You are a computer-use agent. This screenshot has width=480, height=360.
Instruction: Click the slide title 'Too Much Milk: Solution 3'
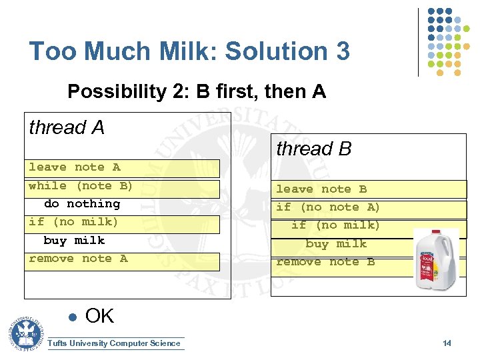click(x=189, y=51)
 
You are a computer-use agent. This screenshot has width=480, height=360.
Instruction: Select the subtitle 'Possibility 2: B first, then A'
click(x=197, y=91)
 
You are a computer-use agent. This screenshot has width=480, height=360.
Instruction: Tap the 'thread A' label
click(x=67, y=127)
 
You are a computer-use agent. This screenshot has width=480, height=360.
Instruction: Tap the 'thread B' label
click(x=313, y=149)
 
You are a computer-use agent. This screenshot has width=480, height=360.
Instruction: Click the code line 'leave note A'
click(x=75, y=167)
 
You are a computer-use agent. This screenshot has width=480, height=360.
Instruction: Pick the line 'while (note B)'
click(x=81, y=185)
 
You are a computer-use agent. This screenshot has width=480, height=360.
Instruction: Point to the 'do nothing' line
click(x=82, y=204)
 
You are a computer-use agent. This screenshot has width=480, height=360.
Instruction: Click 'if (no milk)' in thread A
click(x=73, y=222)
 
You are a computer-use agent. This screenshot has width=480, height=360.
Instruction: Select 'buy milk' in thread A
click(x=74, y=240)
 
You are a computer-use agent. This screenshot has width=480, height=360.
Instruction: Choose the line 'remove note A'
click(x=79, y=259)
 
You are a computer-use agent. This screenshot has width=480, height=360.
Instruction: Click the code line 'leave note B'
click(x=321, y=189)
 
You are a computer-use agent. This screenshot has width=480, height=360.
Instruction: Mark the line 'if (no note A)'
click(x=328, y=207)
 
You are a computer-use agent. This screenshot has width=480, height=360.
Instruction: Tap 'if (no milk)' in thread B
click(x=335, y=225)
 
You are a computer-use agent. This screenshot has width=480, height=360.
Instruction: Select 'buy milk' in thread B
click(x=336, y=244)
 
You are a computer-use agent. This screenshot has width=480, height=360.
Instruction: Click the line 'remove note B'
click(x=325, y=262)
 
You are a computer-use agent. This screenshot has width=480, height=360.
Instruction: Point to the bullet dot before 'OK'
click(x=72, y=317)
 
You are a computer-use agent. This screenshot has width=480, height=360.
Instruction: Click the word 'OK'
click(x=99, y=316)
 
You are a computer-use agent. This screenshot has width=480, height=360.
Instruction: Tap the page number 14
click(x=447, y=343)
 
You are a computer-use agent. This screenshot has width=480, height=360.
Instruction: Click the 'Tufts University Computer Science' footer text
click(x=115, y=343)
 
